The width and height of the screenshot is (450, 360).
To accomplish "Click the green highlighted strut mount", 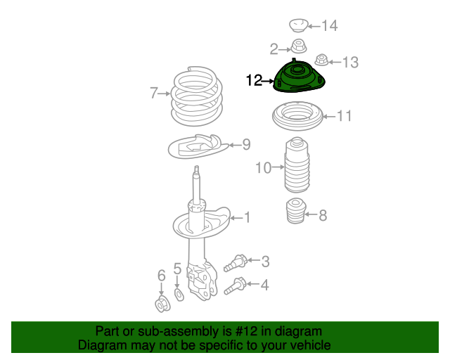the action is point(299,77).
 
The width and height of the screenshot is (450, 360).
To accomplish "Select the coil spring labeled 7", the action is point(196,96).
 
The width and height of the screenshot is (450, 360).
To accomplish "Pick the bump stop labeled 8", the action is point(296,211).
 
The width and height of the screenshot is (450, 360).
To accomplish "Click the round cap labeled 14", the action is point(298,25).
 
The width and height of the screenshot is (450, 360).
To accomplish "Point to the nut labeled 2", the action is point(299,46).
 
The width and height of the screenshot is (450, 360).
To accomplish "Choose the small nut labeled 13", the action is point(322,60).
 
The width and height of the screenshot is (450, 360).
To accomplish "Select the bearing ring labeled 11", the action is point(297,116).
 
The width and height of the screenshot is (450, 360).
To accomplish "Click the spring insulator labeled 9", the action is point(198,146).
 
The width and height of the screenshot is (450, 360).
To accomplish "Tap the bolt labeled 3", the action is point(236,263).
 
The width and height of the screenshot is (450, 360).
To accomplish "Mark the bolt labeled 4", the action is point(236,286).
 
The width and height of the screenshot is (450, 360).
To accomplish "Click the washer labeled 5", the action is point(179,295).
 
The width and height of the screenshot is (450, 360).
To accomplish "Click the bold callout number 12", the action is point(255,80).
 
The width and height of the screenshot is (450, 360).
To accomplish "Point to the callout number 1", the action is point(247,217).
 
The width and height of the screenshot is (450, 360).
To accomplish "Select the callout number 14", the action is point(330,25).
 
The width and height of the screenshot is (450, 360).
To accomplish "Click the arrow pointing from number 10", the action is point(278,167).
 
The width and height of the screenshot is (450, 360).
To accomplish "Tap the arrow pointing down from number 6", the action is point(161,289).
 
